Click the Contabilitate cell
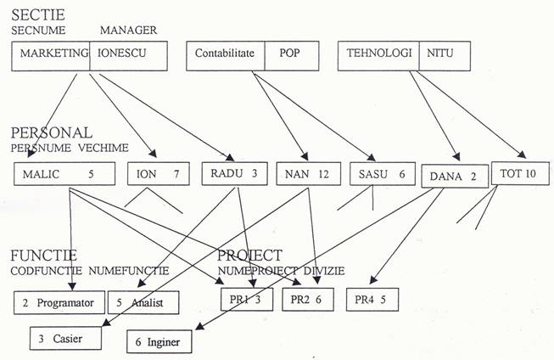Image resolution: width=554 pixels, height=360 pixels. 226,56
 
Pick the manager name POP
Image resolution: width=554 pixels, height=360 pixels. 289,56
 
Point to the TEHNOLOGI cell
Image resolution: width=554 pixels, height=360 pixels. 379,56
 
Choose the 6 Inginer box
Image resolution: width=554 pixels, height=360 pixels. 159,342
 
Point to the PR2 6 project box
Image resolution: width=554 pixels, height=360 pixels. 305,300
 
